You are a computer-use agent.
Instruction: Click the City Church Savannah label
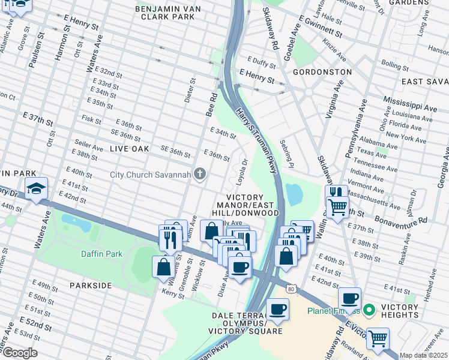[151, 175]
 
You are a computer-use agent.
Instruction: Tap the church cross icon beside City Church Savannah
[200, 175]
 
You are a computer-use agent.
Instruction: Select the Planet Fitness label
[333, 311]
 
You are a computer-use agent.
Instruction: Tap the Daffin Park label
[102, 254]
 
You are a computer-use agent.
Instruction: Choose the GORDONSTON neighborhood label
[322, 71]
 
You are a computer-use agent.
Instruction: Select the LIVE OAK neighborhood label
[129, 148]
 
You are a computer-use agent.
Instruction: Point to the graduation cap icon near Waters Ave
[37, 188]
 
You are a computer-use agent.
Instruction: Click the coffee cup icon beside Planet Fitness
[349, 298]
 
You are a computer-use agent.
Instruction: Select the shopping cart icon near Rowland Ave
[378, 338]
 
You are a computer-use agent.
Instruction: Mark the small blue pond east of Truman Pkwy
[294, 194]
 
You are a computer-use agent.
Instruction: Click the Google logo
[19, 353]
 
